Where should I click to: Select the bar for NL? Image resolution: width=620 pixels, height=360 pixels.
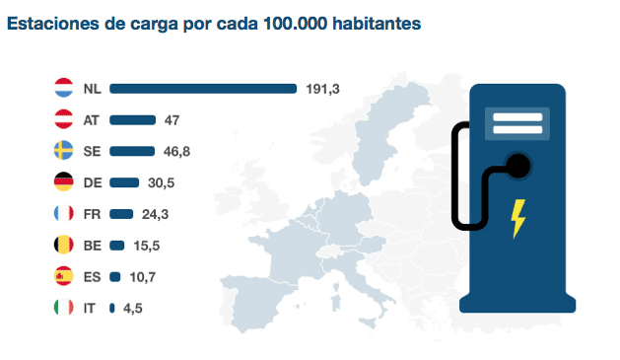click(203, 89)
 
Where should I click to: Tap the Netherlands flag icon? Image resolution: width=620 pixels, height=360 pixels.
click(62, 89)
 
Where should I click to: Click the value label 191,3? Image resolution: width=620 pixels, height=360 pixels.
click(322, 89)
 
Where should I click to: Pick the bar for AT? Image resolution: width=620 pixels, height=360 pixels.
click(133, 120)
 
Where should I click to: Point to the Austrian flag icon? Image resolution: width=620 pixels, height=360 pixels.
click(62, 120)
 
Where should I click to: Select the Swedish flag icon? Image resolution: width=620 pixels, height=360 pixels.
click(62, 151)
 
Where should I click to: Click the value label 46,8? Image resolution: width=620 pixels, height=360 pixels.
click(179, 151)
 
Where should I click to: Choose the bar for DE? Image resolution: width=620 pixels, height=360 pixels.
click(124, 182)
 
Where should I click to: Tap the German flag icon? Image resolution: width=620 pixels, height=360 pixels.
click(62, 182)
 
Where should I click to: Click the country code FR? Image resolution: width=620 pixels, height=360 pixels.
click(92, 214)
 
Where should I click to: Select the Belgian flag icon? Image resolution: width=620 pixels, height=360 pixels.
click(62, 245)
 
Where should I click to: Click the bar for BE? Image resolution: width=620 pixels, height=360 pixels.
click(117, 245)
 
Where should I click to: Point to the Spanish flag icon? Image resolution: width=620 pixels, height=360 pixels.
click(62, 276)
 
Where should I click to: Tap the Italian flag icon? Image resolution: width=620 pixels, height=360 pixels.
click(62, 308)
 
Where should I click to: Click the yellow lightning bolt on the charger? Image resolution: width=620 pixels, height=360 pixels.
click(517, 218)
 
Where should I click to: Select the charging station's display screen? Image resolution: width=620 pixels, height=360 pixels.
click(517, 124)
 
